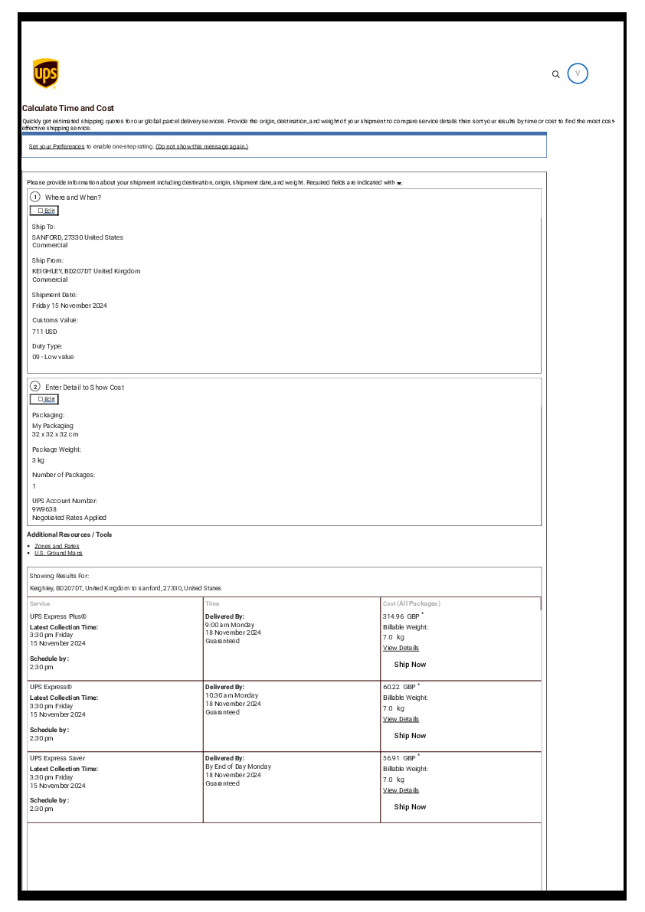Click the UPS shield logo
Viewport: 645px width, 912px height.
[x=46, y=74]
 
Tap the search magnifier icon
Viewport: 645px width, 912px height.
[x=556, y=74]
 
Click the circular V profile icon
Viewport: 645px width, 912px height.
[x=578, y=74]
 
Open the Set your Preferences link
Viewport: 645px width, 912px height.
[x=57, y=146]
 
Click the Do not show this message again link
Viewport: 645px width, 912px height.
[x=201, y=146]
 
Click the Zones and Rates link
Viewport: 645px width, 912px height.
[x=57, y=546]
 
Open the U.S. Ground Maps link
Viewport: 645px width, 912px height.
[x=58, y=553]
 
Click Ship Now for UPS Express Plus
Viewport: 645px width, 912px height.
[x=410, y=665]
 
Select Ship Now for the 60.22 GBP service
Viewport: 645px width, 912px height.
[x=410, y=736]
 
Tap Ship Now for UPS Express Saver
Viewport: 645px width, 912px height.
[x=410, y=807]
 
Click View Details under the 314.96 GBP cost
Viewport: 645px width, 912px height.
[x=401, y=648]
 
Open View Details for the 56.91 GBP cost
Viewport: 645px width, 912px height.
[x=401, y=790]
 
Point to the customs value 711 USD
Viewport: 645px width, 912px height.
[x=44, y=332]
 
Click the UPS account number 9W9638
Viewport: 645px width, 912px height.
[x=44, y=509]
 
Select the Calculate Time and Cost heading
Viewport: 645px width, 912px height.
[x=68, y=109]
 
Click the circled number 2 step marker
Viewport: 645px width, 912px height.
[x=35, y=386]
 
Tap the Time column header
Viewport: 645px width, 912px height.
[x=212, y=603]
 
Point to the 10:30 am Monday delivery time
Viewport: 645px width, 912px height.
[x=231, y=695]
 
